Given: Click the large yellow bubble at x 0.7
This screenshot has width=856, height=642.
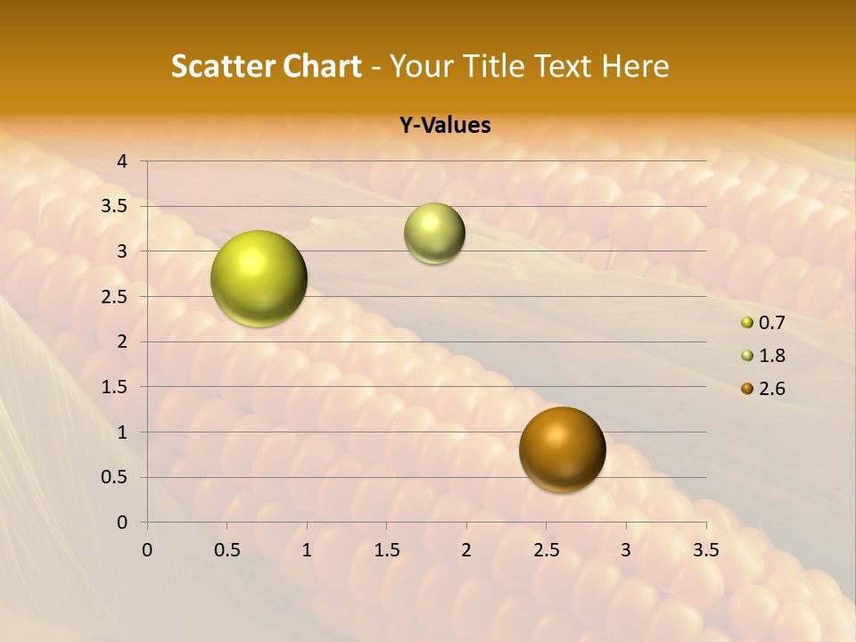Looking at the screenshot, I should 259,278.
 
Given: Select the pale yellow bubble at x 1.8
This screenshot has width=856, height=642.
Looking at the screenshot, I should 434,234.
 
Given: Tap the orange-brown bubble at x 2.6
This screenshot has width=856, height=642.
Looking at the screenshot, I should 562,449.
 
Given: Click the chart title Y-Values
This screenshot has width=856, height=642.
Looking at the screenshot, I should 445,126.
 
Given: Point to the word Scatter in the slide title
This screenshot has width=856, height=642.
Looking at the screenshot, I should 218,66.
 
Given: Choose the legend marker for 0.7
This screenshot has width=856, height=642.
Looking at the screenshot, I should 747,323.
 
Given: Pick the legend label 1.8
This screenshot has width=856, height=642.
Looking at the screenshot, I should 771,356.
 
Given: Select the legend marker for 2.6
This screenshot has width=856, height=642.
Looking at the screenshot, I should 747,389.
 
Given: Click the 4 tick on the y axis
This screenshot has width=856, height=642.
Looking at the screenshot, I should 122,161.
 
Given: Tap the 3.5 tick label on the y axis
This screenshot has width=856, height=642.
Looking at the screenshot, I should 115,207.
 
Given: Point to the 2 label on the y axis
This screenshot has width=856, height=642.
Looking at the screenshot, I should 122,342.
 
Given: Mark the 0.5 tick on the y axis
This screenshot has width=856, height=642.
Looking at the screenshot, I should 115,477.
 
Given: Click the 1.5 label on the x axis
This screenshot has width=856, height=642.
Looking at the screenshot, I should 386,550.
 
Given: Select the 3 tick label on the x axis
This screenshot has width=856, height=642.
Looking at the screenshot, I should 626,550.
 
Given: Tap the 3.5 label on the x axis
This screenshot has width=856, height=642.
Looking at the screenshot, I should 705,550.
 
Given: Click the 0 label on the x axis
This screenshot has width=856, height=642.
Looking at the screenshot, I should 147,550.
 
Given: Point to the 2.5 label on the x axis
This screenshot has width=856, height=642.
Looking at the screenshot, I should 546,550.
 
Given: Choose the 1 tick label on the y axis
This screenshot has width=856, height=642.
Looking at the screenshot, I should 122,432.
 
